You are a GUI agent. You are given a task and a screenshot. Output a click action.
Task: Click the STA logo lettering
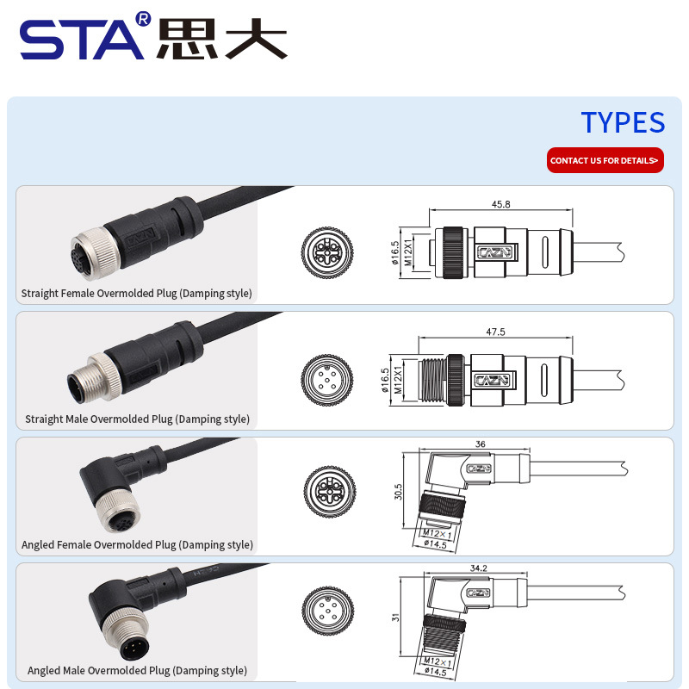click(82, 39)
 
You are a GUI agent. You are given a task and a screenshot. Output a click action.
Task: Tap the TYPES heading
click(623, 122)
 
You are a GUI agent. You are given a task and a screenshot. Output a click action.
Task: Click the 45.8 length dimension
click(500, 205)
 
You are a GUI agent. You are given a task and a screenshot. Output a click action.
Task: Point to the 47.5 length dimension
click(495, 331)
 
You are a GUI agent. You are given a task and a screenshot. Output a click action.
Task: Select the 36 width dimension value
click(480, 444)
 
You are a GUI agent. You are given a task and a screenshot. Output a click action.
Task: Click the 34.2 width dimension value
click(480, 568)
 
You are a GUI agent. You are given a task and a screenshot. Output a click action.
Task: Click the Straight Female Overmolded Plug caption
click(137, 294)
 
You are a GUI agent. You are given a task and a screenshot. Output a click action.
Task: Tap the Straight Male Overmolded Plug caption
click(138, 419)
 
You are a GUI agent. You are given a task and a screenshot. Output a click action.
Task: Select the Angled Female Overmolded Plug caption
click(138, 544)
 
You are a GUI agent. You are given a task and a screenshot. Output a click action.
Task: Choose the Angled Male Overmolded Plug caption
click(138, 670)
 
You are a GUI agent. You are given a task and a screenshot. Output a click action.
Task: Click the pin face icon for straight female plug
click(327, 252)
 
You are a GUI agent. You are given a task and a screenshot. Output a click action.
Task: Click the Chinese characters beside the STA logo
click(221, 39)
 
